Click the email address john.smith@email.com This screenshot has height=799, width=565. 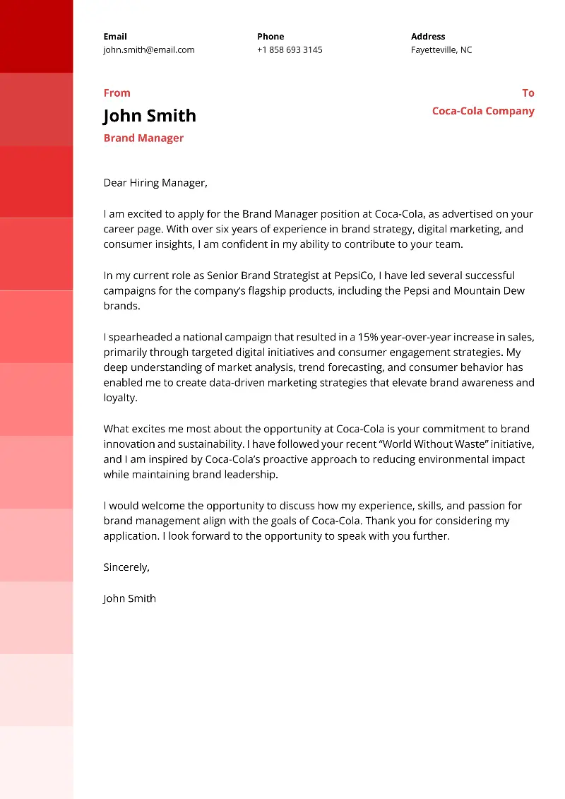click(x=149, y=50)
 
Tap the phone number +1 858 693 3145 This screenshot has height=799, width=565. click(x=290, y=50)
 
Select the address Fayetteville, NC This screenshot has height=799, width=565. click(x=441, y=50)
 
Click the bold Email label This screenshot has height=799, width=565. click(x=115, y=37)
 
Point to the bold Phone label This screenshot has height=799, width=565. click(x=270, y=37)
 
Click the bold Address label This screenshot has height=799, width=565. click(x=428, y=37)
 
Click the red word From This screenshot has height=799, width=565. click(x=117, y=93)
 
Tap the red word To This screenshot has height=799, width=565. click(x=528, y=93)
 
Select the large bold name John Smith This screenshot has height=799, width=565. click(x=150, y=116)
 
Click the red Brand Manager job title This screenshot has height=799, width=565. click(x=143, y=138)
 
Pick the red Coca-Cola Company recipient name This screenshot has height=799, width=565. click(x=483, y=111)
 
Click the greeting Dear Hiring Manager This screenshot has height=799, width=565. click(x=155, y=183)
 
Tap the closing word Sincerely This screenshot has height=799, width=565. click(x=126, y=567)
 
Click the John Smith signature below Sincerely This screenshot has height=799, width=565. click(x=129, y=598)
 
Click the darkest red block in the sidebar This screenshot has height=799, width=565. click(x=36, y=36)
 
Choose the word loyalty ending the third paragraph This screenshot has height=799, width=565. click(x=119, y=398)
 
